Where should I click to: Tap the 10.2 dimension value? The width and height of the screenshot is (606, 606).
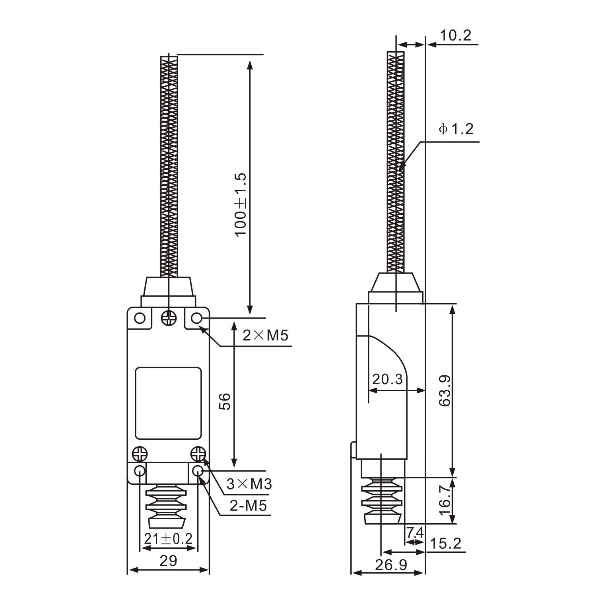click(455, 36)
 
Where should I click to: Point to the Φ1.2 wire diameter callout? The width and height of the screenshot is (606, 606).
click(456, 129)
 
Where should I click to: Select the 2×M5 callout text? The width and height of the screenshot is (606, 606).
click(265, 336)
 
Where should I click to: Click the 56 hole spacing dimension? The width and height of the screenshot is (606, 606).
click(225, 402)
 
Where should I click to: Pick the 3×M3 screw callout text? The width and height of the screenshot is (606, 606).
click(249, 484)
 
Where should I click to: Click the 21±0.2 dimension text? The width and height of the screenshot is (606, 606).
click(168, 539)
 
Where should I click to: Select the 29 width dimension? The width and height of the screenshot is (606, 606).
click(168, 561)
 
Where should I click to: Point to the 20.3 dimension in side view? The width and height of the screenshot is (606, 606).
click(387, 379)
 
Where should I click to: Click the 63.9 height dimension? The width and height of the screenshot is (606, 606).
click(445, 390)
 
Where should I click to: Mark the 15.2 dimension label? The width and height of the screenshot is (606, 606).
click(445, 544)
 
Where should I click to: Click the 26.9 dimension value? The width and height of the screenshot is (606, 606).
click(391, 565)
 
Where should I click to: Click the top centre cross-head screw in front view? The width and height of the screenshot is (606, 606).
click(169, 318)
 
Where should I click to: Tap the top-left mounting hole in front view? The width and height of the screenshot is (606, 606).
click(140, 318)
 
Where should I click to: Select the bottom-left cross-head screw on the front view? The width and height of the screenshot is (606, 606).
click(140, 453)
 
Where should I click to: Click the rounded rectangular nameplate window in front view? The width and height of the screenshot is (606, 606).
click(168, 403)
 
